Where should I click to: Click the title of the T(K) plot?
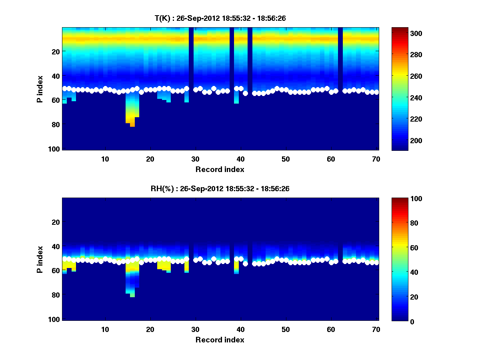(220, 18)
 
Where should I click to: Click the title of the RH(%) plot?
(220, 188)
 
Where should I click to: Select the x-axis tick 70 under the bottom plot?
(376, 329)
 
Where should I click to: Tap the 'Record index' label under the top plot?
(220, 169)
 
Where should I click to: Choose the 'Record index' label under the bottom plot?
(220, 340)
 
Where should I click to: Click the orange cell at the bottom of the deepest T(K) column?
(132, 125)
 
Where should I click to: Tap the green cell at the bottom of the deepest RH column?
(132, 295)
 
